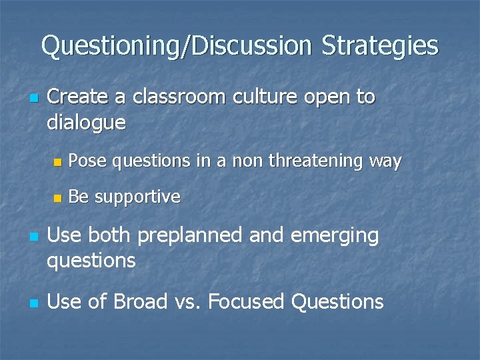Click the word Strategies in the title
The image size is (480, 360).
click(380, 47)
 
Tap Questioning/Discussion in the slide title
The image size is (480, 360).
click(177, 47)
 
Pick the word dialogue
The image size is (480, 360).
click(86, 123)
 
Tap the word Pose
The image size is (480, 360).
click(87, 161)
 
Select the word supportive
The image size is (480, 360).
click(137, 197)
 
